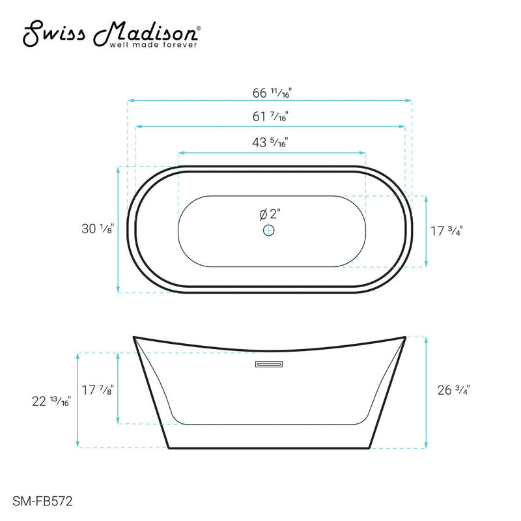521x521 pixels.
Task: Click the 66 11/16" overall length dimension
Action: [270, 93]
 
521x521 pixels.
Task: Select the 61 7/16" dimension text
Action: [270, 118]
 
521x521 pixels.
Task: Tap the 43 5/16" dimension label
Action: [270, 143]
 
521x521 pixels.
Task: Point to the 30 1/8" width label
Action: [99, 229]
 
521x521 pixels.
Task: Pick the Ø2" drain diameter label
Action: [269, 214]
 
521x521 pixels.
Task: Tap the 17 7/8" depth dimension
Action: [98, 390]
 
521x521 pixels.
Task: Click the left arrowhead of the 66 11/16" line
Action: [130, 101]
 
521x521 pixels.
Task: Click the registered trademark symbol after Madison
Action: [199, 29]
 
